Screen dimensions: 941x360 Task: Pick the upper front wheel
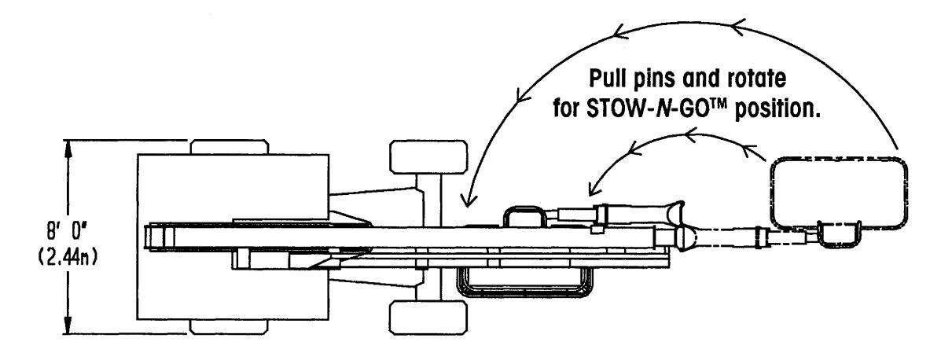tap(428, 156)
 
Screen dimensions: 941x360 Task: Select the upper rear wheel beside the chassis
tap(230, 147)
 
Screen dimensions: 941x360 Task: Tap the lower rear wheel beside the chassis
tap(230, 327)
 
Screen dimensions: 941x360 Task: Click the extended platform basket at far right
tap(838, 194)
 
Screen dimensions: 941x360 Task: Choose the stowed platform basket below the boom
tap(524, 282)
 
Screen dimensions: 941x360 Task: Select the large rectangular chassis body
tap(233, 237)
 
